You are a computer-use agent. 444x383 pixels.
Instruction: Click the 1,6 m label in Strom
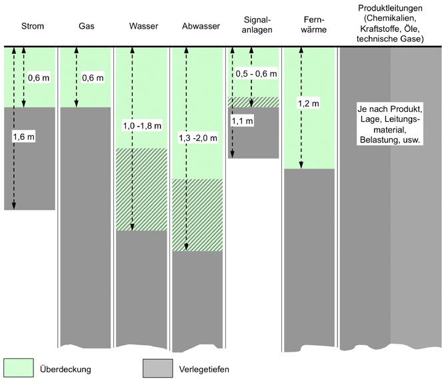[25, 137]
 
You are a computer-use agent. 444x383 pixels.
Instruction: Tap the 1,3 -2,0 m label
[197, 138]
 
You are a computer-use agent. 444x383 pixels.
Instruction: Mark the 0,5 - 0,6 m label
[253, 75]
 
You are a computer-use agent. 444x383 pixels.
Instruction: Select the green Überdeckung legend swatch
[23, 368]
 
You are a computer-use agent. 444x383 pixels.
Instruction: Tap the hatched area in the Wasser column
[141, 189]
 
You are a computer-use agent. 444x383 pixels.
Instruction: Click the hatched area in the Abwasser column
[197, 214]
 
